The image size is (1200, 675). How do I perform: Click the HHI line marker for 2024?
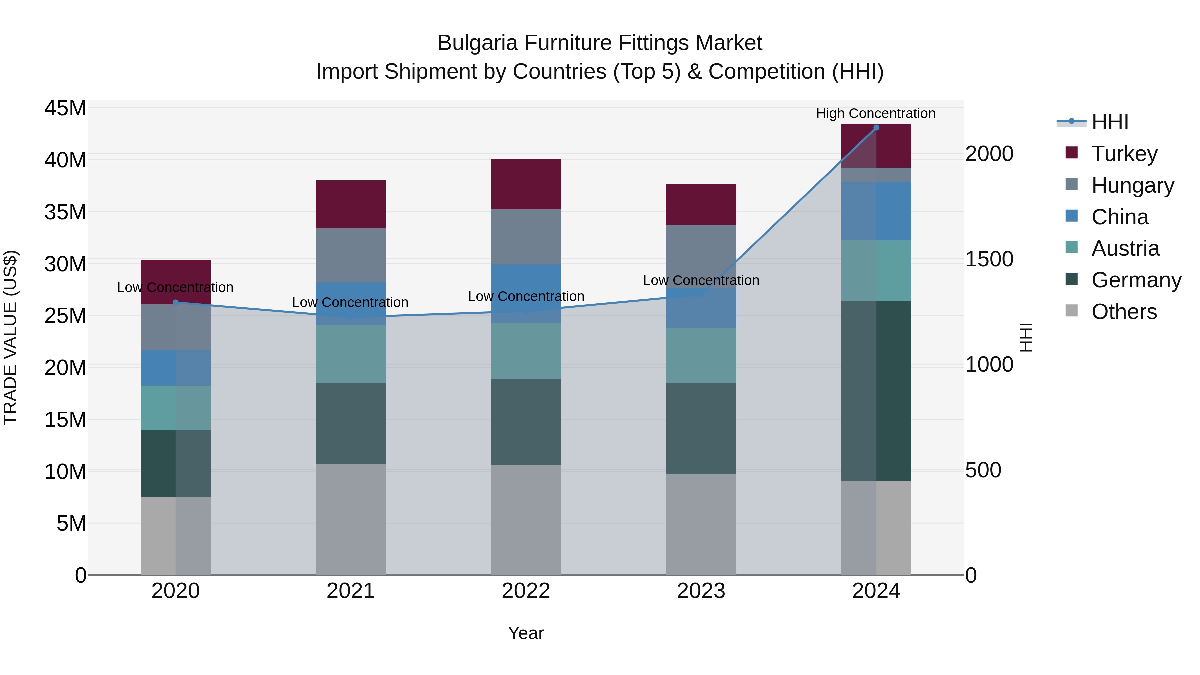click(876, 128)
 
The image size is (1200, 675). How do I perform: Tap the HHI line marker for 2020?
click(176, 302)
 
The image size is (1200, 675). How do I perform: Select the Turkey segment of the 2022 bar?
click(526, 184)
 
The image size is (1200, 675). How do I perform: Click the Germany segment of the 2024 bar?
click(876, 391)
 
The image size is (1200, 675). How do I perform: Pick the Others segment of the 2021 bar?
click(351, 519)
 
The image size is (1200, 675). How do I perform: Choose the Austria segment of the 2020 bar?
click(176, 408)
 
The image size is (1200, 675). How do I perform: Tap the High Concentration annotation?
click(876, 114)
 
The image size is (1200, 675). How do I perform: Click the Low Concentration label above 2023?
click(701, 280)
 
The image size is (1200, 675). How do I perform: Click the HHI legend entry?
click(1110, 122)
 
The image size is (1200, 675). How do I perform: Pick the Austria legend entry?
click(1125, 248)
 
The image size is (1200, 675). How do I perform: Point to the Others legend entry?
click(1124, 312)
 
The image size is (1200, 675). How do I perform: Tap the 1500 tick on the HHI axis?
click(989, 259)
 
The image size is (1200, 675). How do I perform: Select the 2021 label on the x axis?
click(351, 591)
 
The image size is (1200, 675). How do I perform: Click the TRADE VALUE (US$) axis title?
click(11, 338)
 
